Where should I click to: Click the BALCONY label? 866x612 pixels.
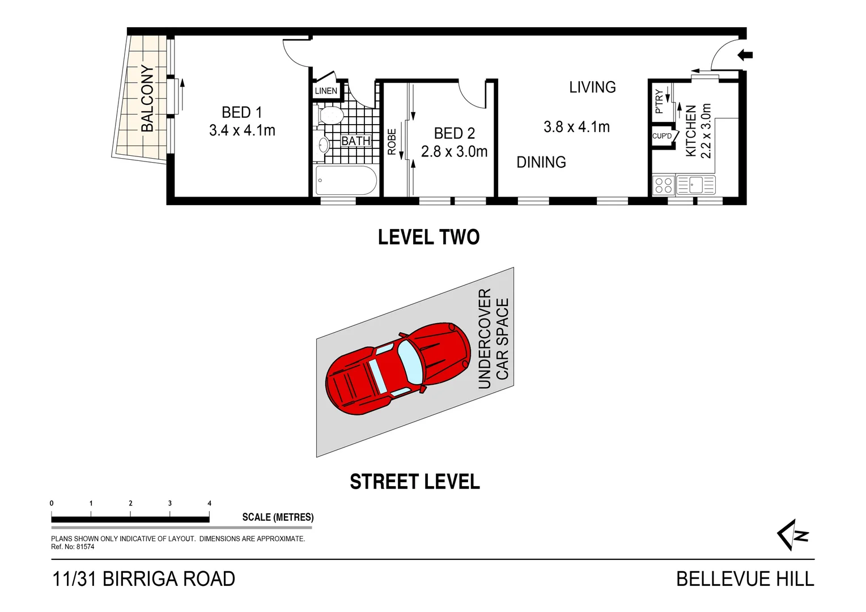pos(147,98)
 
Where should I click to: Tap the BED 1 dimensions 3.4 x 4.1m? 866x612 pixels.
pos(242,130)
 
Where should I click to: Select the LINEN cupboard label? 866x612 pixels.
pos(326,91)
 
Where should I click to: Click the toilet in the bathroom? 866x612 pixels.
pos(330,116)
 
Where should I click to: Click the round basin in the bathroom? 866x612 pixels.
pos(324,145)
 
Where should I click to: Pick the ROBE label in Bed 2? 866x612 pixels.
pos(392,142)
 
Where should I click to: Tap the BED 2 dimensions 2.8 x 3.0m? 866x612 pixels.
pos(454,152)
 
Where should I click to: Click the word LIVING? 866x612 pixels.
pos(592,87)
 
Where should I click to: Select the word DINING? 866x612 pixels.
pos(541,163)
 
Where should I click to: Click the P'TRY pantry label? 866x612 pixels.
pos(659,101)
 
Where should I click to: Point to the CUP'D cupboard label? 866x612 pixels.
pos(661,136)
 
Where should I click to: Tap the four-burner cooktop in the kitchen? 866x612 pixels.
pos(663,185)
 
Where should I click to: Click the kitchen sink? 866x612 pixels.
pos(695,185)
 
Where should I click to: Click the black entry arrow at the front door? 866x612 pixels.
pos(745,55)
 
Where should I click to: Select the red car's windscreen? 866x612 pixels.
pos(409,362)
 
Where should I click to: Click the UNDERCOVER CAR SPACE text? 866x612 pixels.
pos(493,339)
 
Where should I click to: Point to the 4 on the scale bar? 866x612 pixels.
pos(210,503)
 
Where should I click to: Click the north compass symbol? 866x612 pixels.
pos(792,534)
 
